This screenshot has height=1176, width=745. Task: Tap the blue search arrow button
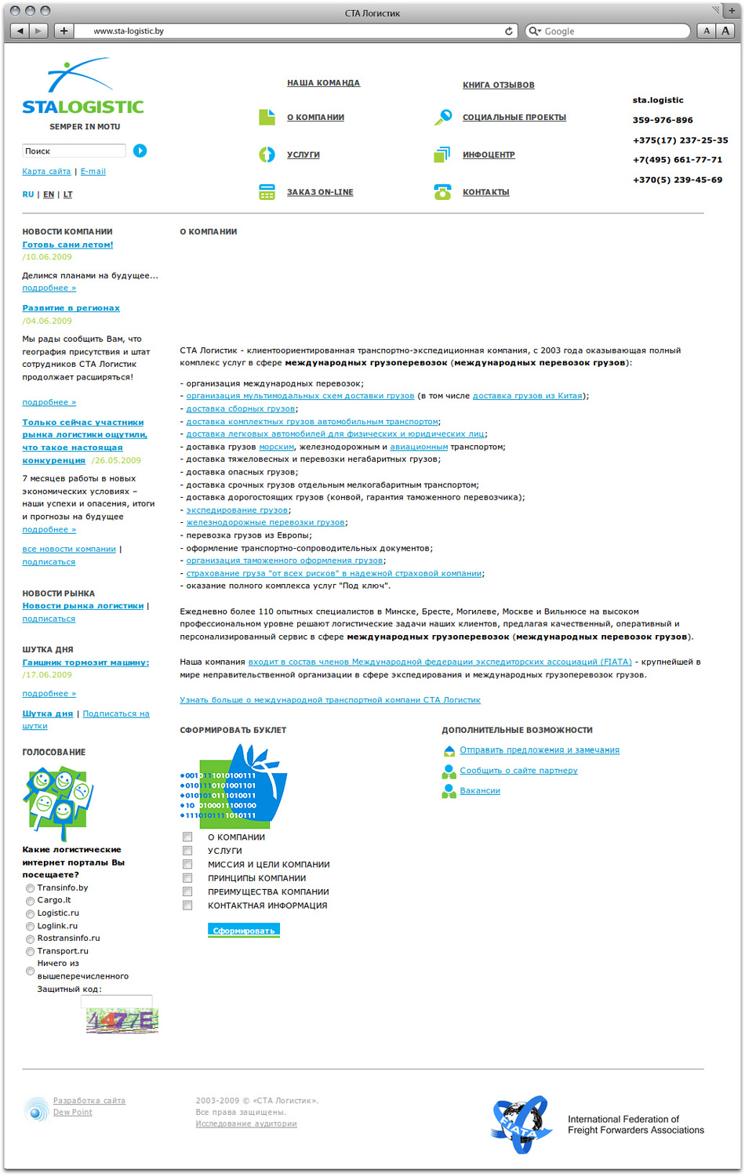[x=140, y=151]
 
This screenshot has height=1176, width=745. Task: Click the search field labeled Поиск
[x=74, y=151]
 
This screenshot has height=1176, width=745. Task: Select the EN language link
[x=49, y=194]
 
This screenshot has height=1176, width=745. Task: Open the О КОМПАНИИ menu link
[x=315, y=118]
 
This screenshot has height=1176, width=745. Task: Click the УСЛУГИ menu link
[x=303, y=155]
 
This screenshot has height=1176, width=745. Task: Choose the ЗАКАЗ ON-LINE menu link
[x=320, y=192]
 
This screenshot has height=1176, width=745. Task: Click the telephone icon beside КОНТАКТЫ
[x=442, y=192]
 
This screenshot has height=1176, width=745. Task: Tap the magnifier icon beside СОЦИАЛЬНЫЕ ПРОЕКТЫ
[x=443, y=117]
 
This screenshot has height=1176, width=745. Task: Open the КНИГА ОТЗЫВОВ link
[x=498, y=85]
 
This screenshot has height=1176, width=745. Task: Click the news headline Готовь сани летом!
[x=67, y=245]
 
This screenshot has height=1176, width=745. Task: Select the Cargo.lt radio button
[x=30, y=901]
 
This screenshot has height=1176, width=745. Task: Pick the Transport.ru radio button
[x=30, y=952]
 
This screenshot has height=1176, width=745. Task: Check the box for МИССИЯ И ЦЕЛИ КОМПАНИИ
[x=187, y=864]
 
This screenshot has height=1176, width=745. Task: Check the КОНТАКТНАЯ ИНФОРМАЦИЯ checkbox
[x=187, y=906]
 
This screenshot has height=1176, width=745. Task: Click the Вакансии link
[x=480, y=790]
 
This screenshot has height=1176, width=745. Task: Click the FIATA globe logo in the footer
[x=518, y=1124]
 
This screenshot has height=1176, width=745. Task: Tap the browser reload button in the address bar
[x=509, y=31]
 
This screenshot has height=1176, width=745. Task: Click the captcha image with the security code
[x=122, y=1020]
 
